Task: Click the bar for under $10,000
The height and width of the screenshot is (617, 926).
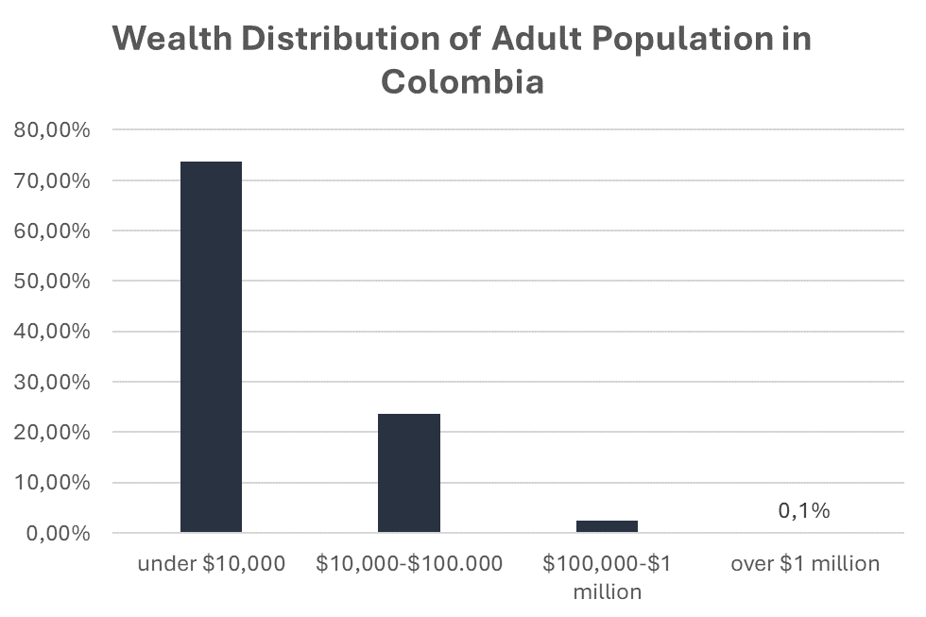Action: click(x=211, y=347)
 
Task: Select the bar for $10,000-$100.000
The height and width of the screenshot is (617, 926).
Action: click(x=408, y=472)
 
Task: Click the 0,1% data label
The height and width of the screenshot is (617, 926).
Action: click(x=804, y=511)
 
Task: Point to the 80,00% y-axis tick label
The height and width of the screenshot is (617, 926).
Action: click(x=53, y=130)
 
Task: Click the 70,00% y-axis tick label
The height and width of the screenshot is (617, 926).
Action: click(x=53, y=180)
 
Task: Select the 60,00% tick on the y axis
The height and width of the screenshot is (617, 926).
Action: click(x=53, y=231)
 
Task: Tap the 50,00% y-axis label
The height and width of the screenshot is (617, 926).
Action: click(x=53, y=282)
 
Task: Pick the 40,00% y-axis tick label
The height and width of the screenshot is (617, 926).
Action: click(x=53, y=332)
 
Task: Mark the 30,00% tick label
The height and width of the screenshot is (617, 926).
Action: click(x=53, y=383)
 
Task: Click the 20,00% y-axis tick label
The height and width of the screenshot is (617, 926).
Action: click(x=53, y=433)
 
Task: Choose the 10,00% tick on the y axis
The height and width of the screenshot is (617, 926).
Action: click(x=53, y=483)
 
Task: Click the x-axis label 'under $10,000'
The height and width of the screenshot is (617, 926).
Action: click(x=211, y=565)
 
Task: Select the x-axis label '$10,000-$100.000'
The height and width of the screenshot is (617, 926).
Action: click(x=409, y=565)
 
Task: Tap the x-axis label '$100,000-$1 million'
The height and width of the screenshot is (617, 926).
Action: click(x=607, y=577)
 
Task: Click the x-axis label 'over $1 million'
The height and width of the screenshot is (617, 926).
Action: click(x=805, y=565)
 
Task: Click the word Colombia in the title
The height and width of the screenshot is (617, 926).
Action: click(x=462, y=81)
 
